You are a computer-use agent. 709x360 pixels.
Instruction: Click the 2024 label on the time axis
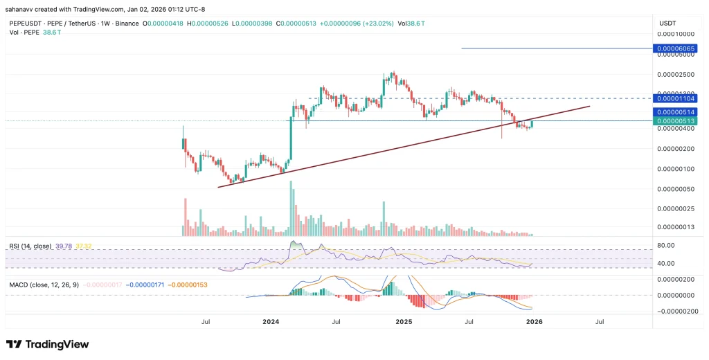click(x=271, y=321)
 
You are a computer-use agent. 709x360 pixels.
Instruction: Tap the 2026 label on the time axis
click(x=534, y=321)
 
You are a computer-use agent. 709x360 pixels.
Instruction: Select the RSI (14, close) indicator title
click(x=30, y=246)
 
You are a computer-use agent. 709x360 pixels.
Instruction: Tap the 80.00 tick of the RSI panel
click(x=665, y=244)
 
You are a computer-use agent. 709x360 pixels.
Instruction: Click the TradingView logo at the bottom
click(x=47, y=344)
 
